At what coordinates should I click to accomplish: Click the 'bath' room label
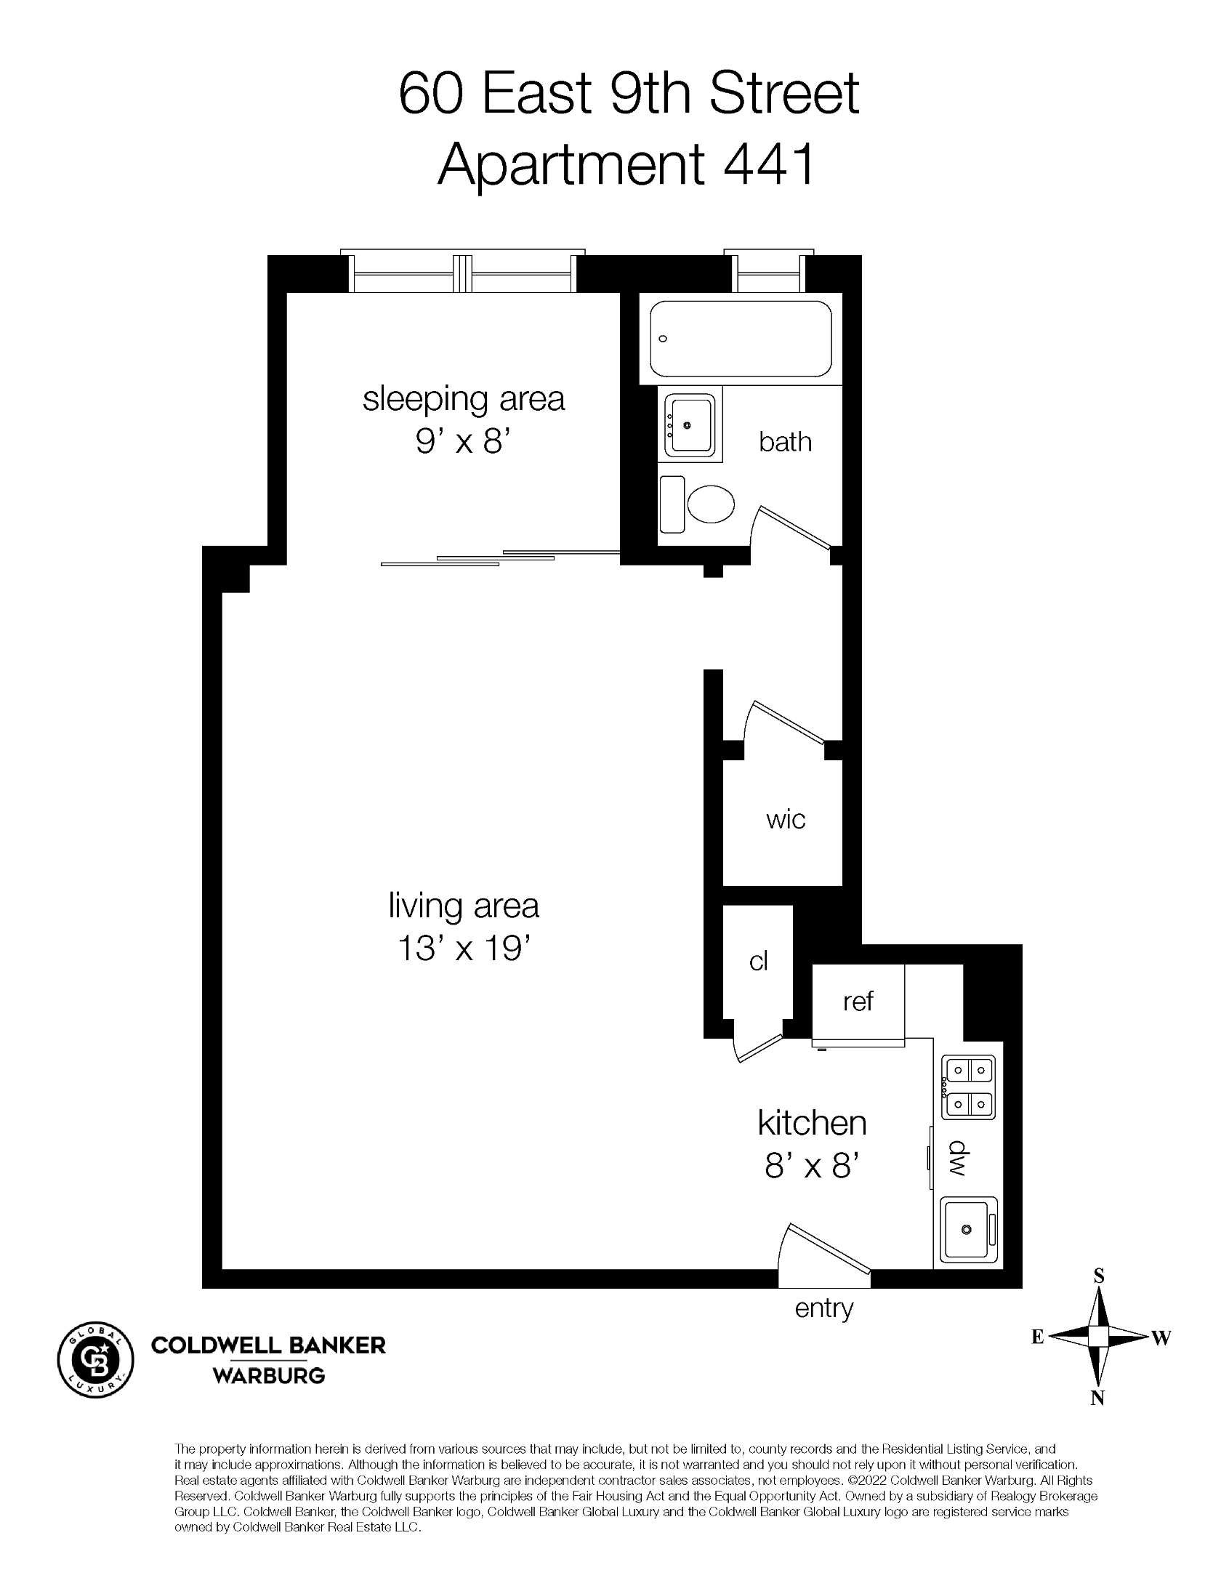[785, 442]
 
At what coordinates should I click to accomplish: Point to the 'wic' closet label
[785, 820]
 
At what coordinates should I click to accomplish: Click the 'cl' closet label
[758, 961]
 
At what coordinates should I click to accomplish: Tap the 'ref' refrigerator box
[858, 1002]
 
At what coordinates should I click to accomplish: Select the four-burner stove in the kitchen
[968, 1087]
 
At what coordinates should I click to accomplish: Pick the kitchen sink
[968, 1229]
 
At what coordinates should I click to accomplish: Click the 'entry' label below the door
[823, 1308]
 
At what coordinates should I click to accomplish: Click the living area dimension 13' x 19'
[463, 948]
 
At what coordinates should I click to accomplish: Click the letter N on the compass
[1097, 1398]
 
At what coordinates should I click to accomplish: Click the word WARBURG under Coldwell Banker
[268, 1376]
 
